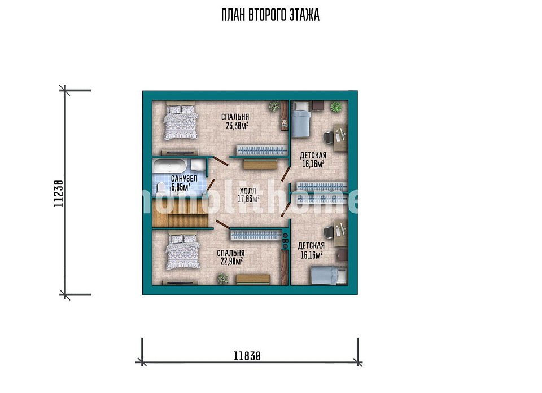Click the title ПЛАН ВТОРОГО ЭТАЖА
point(270,15)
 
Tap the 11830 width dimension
point(247,356)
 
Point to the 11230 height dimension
point(58,193)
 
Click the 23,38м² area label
point(237,126)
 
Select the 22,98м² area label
point(231,261)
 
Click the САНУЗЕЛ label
point(184,179)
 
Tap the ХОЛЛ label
point(248,191)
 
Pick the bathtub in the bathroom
point(170,166)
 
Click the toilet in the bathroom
point(161,189)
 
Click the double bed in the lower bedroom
point(183,251)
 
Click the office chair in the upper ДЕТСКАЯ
point(329,137)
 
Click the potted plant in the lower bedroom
point(223,279)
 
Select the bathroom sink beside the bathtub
point(198,165)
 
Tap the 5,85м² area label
point(181,187)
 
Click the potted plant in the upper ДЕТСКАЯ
point(336,107)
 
